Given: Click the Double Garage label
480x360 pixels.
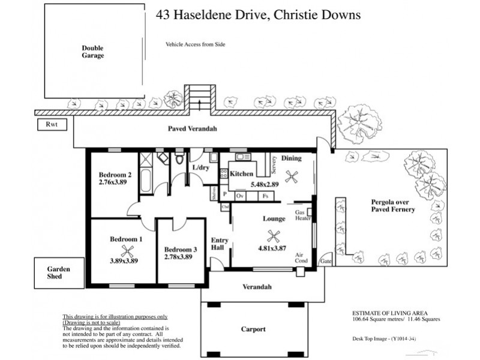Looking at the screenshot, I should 93,52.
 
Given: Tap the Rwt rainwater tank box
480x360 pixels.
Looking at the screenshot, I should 50,125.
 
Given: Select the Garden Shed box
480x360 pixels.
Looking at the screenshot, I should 59,273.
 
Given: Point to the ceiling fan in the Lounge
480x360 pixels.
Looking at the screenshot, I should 274,236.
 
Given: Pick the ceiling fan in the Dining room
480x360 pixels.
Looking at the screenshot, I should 293,176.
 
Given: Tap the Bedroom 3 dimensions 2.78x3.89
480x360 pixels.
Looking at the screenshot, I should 178,256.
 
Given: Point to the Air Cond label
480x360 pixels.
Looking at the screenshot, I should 301,258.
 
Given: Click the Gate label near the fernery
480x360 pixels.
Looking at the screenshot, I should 326,262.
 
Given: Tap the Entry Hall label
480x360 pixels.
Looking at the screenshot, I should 219,244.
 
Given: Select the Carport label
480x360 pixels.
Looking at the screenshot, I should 253,329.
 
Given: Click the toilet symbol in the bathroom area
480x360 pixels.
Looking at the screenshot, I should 179,160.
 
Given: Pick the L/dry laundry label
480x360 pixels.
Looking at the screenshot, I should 200,168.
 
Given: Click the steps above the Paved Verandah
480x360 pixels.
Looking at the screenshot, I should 200,97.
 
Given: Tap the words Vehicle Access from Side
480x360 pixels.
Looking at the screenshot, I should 195,44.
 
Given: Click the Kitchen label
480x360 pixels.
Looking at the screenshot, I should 240,173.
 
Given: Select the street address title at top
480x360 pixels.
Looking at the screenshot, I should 258,14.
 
